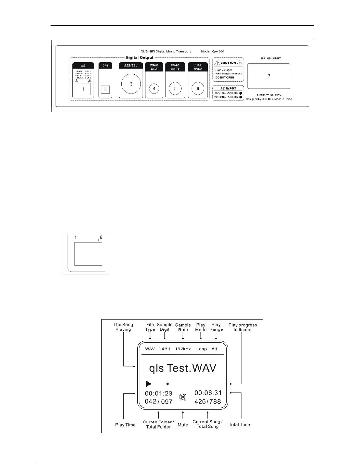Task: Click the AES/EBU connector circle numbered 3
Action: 131,84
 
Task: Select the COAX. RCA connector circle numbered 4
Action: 154,88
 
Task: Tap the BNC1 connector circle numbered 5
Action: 175,88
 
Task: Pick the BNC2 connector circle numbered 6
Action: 198,88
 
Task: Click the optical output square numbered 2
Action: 105,89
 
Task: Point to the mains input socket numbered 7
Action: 269,76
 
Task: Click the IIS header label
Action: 83,66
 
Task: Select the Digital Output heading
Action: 139,58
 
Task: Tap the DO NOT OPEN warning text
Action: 225,77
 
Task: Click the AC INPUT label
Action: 228,88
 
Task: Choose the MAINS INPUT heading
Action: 271,59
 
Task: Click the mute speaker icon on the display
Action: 183,397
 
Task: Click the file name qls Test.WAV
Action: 182,368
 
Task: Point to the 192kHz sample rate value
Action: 183,349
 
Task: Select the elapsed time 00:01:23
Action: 158,393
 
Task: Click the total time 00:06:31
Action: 208,393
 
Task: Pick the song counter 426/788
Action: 207,401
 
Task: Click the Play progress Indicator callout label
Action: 242,327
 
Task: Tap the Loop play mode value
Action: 201,349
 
